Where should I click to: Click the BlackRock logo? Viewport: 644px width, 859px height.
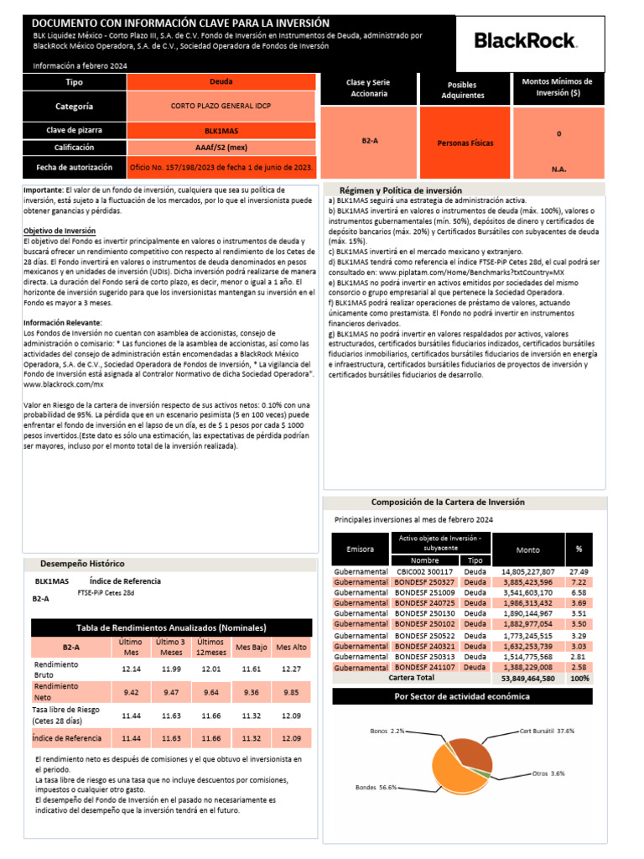pos(525,39)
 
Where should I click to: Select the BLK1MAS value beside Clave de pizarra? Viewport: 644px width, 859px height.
pos(222,131)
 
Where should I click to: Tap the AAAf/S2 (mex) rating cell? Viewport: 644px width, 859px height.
pos(222,148)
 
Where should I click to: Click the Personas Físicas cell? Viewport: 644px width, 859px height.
pos(465,143)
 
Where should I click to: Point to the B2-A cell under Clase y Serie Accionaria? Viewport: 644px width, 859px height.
pos(370,142)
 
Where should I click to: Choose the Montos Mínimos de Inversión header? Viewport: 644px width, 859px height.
pos(558,87)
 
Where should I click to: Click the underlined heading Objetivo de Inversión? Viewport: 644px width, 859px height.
pos(59,230)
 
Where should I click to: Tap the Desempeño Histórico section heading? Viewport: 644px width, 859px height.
pos(82,564)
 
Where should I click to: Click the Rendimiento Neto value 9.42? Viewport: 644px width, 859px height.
pos(130,692)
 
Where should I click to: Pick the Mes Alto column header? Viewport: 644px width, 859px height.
pos(292,647)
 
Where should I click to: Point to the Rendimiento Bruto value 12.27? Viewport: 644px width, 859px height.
pos(292,669)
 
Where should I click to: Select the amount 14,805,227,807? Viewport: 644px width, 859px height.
pos(527,571)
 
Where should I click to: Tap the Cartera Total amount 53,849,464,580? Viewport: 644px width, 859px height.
pos(527,678)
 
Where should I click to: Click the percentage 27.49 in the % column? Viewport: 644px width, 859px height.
pos(579,571)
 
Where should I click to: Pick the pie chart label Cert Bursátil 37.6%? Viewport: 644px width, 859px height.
pos(547,731)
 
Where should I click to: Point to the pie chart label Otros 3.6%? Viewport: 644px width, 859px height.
pos(549,773)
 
